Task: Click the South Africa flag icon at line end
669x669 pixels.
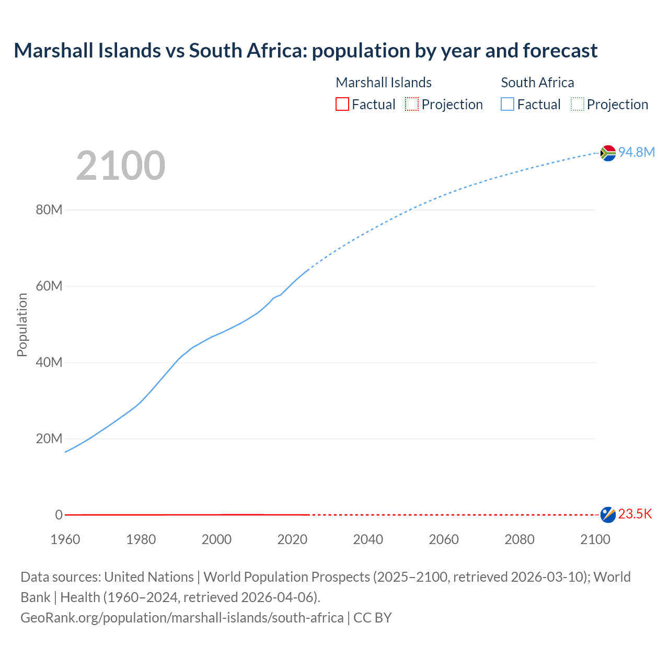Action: [x=608, y=153]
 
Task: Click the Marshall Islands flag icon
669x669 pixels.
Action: [x=608, y=515]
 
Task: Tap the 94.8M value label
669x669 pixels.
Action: [x=636, y=152]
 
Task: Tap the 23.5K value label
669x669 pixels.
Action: [x=635, y=514]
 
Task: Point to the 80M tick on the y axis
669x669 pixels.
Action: [x=49, y=210]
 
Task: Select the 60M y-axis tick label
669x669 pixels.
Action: [x=49, y=286]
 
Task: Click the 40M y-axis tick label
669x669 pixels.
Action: [x=49, y=363]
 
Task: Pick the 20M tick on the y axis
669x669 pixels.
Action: [x=49, y=439]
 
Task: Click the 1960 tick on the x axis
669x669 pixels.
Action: [x=65, y=539]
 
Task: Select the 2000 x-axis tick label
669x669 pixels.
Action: [x=216, y=539]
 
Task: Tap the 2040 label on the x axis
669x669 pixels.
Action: [x=368, y=539]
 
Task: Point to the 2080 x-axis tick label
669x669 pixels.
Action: [x=520, y=539]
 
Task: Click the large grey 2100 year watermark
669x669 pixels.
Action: [x=121, y=166]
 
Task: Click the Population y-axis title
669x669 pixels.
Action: [x=22, y=325]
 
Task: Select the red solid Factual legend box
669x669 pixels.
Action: [x=342, y=105]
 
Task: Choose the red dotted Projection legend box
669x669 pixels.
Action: [x=412, y=105]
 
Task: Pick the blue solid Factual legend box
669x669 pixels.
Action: [x=507, y=105]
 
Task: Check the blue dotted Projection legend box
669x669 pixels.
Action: [x=577, y=105]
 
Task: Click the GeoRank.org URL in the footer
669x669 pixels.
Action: [x=182, y=618]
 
